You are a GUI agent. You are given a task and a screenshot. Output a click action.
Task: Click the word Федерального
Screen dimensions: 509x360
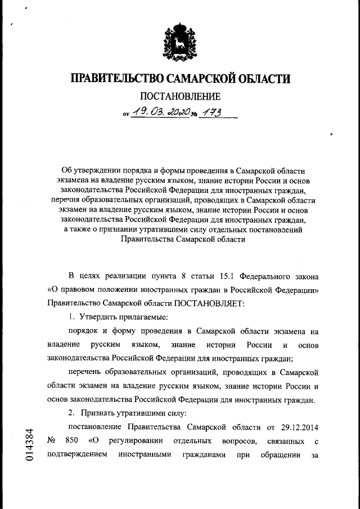[x=263, y=276]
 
